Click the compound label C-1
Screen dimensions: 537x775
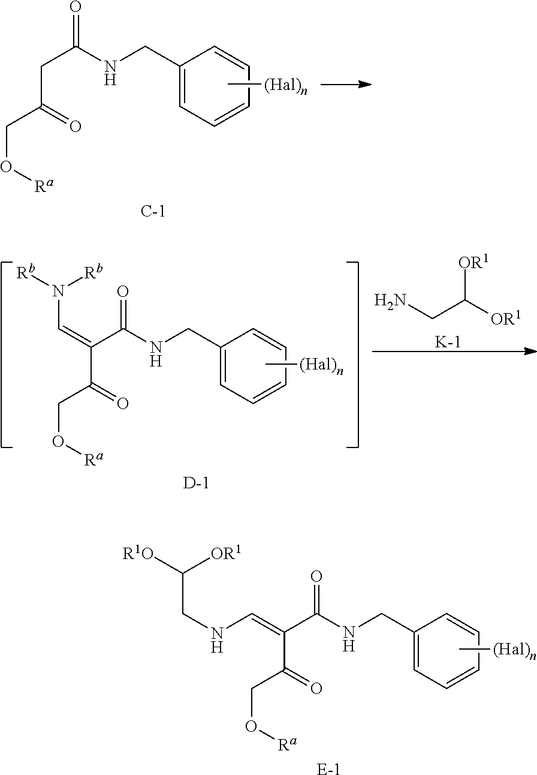tap(153, 211)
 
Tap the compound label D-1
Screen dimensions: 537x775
tap(196, 483)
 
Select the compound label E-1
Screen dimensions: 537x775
tap(328, 770)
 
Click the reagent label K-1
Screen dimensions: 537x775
tap(448, 342)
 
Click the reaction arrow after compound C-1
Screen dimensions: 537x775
tap(346, 84)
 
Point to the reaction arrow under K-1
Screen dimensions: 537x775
tap(454, 352)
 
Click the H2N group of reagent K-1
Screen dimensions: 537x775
tap(390, 301)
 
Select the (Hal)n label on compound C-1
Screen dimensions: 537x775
tap(286, 85)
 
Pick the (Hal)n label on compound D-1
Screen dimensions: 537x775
tap(321, 365)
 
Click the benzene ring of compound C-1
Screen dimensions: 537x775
tap(214, 86)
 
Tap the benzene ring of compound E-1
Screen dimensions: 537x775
tap(447, 651)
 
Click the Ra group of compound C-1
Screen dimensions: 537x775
tap(44, 185)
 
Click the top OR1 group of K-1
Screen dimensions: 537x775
tap(475, 263)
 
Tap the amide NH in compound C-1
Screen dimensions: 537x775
tap(110, 73)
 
